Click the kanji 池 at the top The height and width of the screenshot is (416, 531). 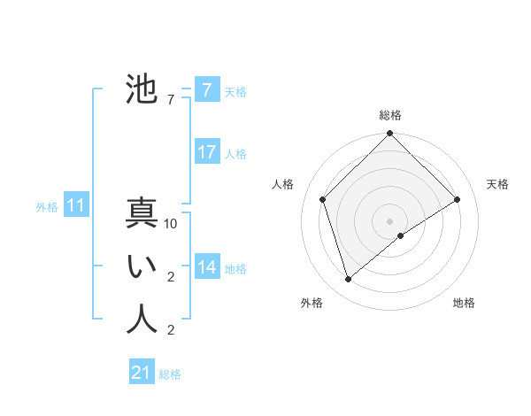[x=142, y=89]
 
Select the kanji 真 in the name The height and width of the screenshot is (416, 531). [x=142, y=213]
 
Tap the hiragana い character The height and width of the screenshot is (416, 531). [x=142, y=267]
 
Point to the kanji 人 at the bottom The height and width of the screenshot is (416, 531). [x=142, y=320]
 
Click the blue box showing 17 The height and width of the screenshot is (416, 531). [x=207, y=152]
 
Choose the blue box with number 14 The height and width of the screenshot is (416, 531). [x=207, y=267]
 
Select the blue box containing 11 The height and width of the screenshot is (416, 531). [x=76, y=206]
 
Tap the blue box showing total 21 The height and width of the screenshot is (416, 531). [x=142, y=373]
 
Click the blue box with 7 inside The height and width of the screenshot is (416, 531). [x=207, y=89]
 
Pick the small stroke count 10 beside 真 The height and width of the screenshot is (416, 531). [x=171, y=225]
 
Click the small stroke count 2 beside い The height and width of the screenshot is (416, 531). [x=171, y=278]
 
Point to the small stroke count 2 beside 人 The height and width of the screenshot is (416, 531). [x=171, y=331]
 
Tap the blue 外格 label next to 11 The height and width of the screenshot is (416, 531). [x=47, y=207]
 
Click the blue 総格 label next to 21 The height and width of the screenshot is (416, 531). [x=170, y=374]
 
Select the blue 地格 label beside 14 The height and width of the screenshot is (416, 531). [x=235, y=269]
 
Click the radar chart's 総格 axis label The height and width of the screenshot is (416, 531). [x=390, y=115]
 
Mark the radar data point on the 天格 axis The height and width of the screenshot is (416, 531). [x=458, y=199]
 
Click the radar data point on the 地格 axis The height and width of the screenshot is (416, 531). [x=401, y=235]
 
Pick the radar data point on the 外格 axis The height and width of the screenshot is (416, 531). [x=349, y=280]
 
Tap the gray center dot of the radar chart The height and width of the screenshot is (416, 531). [x=390, y=220]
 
